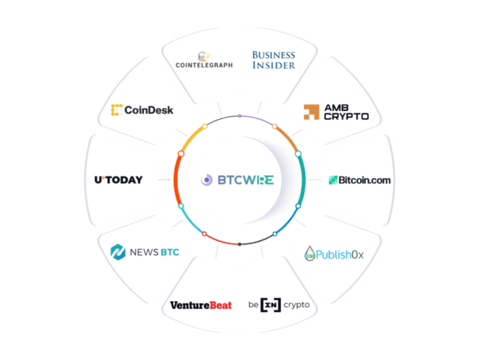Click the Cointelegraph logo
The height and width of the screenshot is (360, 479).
[x=204, y=60]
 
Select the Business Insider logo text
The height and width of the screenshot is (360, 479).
[x=273, y=60]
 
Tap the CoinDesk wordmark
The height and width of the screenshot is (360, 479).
[x=148, y=110]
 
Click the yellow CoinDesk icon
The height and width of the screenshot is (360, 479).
[x=117, y=110]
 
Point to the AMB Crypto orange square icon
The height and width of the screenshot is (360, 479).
[x=311, y=112]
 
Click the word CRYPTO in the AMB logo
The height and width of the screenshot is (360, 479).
[x=346, y=117]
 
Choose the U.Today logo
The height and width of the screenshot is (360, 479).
[x=118, y=180]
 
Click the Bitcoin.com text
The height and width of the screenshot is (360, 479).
[x=365, y=180]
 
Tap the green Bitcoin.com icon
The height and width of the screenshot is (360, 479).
[x=333, y=180]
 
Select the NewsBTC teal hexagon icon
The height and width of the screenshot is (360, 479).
[x=118, y=252]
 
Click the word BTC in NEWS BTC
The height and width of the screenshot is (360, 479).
[x=170, y=252]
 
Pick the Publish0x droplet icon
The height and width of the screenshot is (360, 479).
[x=310, y=253]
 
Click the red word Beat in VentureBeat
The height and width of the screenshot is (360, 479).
[x=220, y=305]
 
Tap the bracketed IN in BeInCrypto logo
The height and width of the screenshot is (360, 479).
[x=271, y=305]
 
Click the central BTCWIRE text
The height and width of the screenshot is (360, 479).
[x=246, y=180]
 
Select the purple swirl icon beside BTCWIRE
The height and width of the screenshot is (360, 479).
[x=207, y=180]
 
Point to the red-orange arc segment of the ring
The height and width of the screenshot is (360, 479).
[x=176, y=180]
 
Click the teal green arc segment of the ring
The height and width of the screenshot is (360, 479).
[x=303, y=180]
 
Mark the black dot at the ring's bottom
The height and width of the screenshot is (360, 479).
[x=239, y=244]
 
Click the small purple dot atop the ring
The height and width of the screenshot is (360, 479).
[x=239, y=116]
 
